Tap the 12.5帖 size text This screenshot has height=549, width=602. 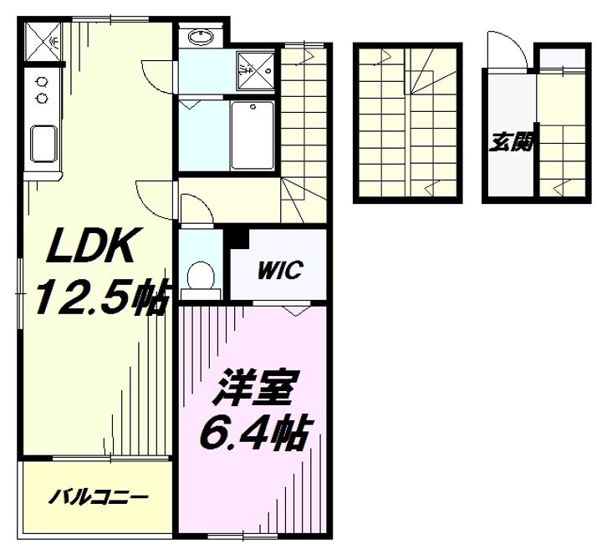pos(102,296)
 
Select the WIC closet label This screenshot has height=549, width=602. pos(280,270)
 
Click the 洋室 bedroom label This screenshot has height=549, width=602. pos(254,388)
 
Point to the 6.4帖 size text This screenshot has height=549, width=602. pos(254,432)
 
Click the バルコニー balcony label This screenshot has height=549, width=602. pos(99,497)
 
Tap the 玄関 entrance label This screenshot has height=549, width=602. pos(513,143)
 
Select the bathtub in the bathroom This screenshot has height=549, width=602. pos(253,135)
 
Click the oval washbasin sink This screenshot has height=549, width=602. pos(201,37)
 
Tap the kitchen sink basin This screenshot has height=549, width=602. pos(43,144)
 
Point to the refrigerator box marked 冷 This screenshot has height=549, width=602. pos(43,42)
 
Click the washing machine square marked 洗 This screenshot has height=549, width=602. pos(256,70)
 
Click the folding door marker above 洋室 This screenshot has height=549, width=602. pos(296,310)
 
